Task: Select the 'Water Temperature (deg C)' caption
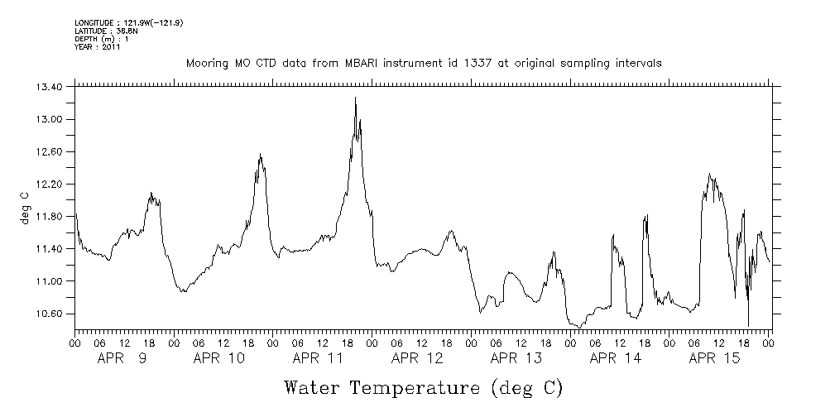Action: tap(423, 387)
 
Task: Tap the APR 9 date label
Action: tap(122, 359)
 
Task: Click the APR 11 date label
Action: tap(318, 359)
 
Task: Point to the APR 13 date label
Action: tap(516, 359)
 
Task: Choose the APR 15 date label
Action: tap(714, 359)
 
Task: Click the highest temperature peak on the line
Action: tap(355, 98)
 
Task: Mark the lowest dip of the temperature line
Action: tap(748, 326)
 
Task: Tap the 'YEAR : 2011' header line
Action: tap(98, 47)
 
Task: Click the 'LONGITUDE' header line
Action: tap(128, 22)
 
